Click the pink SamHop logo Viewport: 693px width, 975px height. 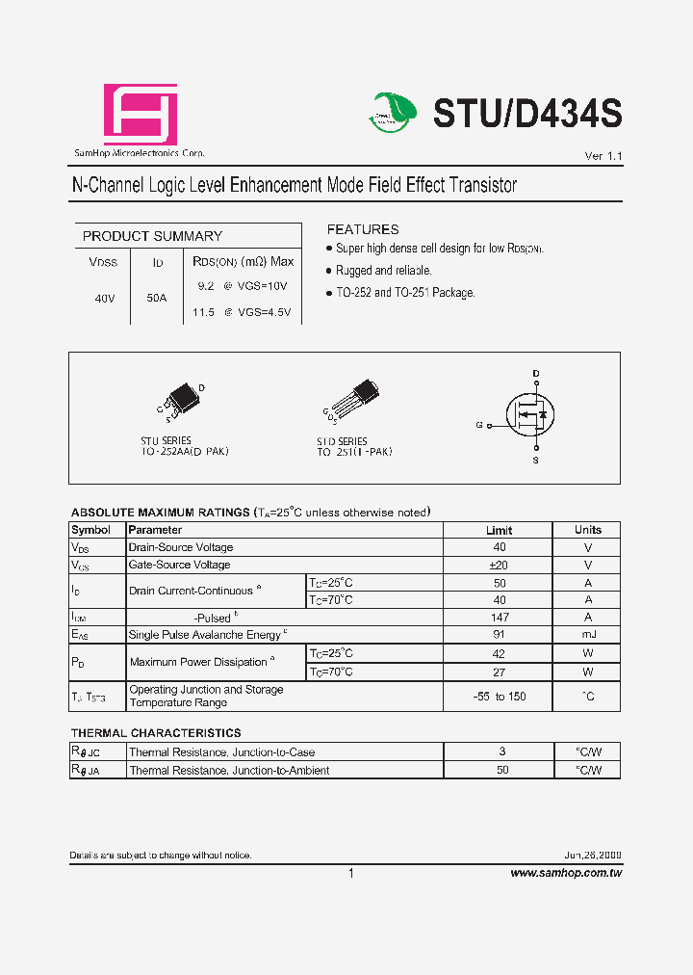point(141,116)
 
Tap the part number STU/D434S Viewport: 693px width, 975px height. point(527,114)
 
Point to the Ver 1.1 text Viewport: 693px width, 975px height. point(603,156)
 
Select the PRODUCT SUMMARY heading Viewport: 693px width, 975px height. point(152,236)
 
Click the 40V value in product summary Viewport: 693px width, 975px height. point(105,299)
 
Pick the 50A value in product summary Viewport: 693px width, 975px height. point(156,299)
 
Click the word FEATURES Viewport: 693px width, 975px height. point(363,229)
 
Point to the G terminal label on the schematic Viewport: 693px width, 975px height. point(478,425)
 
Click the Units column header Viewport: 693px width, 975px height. point(587,530)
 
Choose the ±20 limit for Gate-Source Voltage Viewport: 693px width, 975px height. point(499,565)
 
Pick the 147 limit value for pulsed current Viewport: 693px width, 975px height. point(499,618)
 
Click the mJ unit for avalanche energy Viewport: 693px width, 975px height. point(587,635)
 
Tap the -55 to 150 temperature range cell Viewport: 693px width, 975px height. point(499,697)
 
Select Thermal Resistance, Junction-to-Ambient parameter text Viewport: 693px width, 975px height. point(229,771)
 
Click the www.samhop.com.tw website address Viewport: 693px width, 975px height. point(566,873)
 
